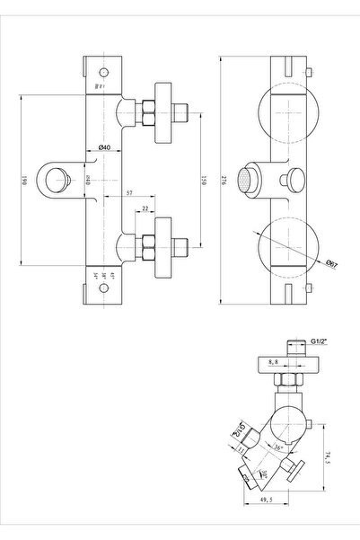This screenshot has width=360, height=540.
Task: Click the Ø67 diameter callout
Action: (331, 264)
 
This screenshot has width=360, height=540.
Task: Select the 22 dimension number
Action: (146, 209)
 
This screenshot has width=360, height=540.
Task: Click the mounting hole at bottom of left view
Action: (102, 289)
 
